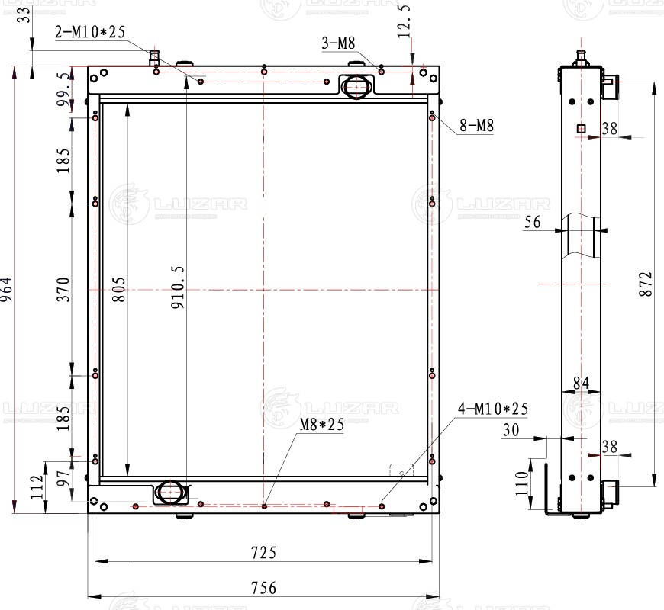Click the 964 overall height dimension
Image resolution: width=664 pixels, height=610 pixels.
point(7,289)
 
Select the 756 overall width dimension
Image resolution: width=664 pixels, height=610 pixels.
point(262,587)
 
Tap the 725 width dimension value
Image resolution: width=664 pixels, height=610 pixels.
point(262,551)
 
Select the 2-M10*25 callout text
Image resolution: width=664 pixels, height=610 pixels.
point(89,31)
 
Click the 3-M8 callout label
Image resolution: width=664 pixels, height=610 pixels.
point(340,43)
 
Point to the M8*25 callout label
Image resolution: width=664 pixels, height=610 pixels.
point(321,425)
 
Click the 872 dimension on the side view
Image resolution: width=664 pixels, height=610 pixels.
point(646,284)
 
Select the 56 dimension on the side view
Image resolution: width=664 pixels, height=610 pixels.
point(533,222)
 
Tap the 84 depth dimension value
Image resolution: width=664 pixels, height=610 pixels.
point(581,384)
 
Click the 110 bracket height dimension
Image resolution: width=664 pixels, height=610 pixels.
point(521,483)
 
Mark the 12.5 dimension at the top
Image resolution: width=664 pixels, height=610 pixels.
point(405,21)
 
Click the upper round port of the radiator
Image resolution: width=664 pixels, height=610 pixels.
point(355,86)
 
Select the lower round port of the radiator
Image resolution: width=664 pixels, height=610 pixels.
point(170,492)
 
